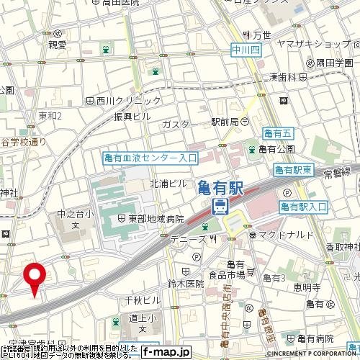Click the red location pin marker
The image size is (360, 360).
point(35,276)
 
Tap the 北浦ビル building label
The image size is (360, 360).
point(168,184)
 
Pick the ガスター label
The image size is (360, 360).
point(180,125)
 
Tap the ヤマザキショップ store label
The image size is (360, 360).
point(311,43)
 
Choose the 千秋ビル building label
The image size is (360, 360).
point(143,299)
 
